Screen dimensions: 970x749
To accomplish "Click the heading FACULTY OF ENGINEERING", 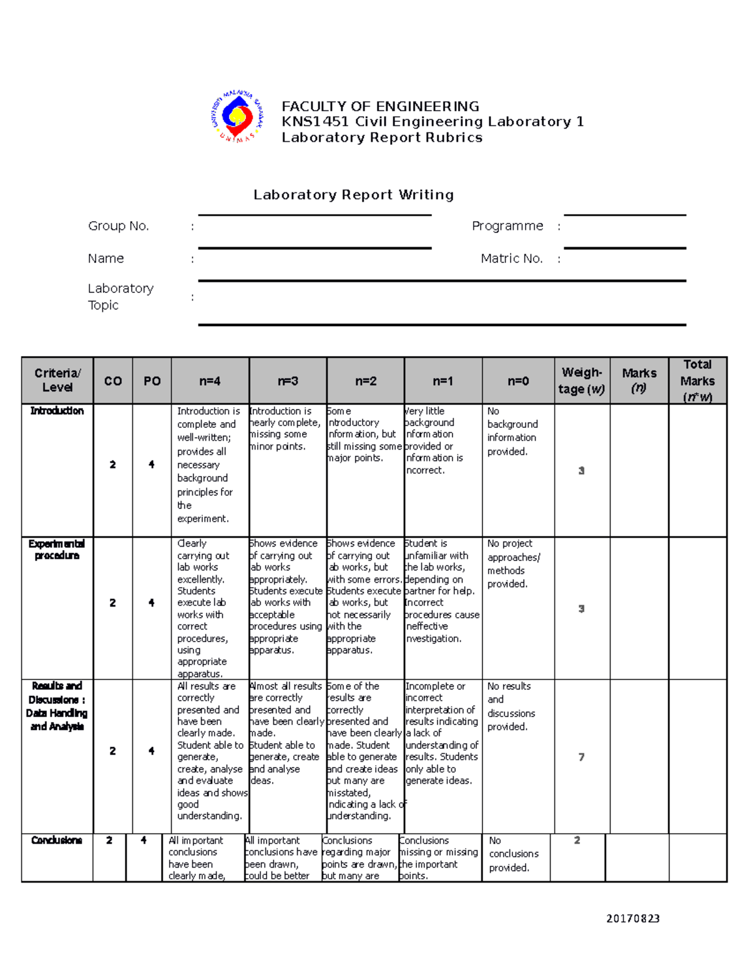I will (x=380, y=106).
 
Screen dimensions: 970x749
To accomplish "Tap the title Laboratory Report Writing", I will (x=353, y=195).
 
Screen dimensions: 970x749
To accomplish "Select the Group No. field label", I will (x=119, y=226).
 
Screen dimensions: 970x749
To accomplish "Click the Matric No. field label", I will (x=511, y=259).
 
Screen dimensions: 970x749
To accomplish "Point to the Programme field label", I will (x=507, y=226).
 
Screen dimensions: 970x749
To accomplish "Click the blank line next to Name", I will (x=315, y=247).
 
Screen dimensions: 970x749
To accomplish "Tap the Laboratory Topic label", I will (x=120, y=297).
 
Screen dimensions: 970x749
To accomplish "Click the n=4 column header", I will (x=210, y=381).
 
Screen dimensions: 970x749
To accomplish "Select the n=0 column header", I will (x=518, y=381).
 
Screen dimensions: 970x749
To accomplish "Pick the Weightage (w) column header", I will (x=582, y=381).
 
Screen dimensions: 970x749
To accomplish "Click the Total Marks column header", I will (x=697, y=380).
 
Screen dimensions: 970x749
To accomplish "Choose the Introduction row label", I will (x=57, y=411).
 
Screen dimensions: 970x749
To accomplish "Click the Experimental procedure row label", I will (x=57, y=550).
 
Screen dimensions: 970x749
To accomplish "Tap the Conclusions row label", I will (x=57, y=841).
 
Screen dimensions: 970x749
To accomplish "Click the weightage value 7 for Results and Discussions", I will (x=581, y=757).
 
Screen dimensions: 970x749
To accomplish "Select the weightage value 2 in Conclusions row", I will (x=577, y=841).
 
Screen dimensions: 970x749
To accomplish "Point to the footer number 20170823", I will (x=633, y=919).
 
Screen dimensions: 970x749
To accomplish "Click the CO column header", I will (x=113, y=381).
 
